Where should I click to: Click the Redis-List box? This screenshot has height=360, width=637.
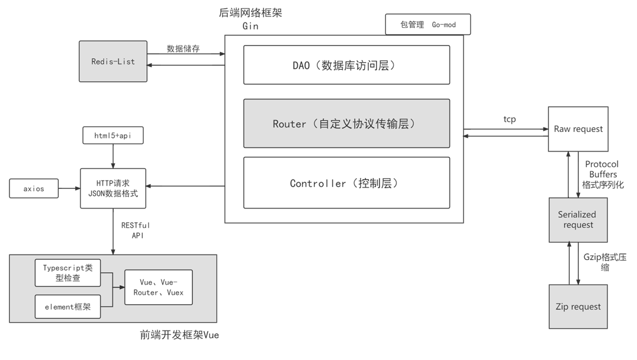click(113, 61)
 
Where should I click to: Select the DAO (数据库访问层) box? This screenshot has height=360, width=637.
click(346, 65)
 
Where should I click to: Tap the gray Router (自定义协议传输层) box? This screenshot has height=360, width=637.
click(346, 123)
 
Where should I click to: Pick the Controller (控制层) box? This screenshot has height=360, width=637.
click(346, 183)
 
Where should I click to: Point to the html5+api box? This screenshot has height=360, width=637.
click(113, 136)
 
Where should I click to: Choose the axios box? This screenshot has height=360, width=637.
click(34, 189)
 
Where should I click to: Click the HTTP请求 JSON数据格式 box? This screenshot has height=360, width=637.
click(113, 188)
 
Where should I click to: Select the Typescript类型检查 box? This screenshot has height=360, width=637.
click(69, 272)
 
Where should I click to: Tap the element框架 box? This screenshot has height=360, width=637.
click(69, 307)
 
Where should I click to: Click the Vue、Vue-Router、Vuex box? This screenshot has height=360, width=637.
click(158, 287)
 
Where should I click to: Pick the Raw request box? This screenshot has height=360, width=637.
click(578, 129)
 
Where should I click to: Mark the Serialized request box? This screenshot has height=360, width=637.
click(578, 220)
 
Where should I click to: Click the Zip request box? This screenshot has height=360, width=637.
click(578, 307)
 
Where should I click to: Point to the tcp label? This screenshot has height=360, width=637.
click(509, 119)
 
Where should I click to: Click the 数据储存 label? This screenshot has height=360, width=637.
click(183, 49)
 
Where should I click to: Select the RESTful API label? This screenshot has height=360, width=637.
click(136, 230)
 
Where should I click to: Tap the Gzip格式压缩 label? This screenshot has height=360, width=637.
click(604, 262)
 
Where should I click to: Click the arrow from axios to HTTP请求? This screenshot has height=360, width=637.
click(69, 189)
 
